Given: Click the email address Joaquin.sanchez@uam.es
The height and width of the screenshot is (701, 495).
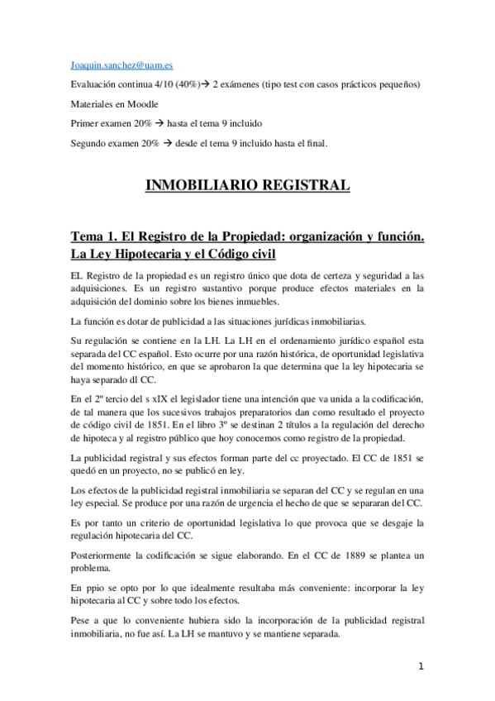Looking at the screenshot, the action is coord(121,64).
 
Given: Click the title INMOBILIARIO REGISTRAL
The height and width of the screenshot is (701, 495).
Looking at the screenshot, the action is coord(247,184).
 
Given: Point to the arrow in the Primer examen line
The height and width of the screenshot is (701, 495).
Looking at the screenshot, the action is coord(159,123).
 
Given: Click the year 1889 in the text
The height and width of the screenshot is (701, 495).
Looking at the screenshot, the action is coord(345,552).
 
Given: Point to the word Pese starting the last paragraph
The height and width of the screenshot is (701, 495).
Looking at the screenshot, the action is coord(83,619).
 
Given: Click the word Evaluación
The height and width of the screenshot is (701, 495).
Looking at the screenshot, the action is coord(98,83).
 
